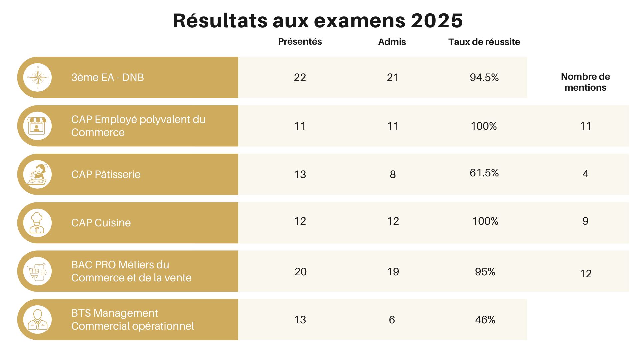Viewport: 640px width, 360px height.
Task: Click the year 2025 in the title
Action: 437,21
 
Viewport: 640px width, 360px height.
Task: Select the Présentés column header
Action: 300,42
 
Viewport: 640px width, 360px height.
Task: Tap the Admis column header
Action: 392,42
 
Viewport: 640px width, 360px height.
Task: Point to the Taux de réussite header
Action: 484,42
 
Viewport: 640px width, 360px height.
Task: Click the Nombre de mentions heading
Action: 585,82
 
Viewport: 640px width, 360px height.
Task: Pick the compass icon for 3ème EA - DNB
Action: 38,77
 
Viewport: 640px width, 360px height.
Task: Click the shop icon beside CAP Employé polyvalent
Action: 38,126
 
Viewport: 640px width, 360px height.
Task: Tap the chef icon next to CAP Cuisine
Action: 38,223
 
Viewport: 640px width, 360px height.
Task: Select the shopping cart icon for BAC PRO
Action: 38,271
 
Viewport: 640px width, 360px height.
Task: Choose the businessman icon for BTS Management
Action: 38,320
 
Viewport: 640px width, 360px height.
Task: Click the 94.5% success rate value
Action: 484,77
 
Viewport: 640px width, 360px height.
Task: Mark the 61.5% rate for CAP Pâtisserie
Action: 484,173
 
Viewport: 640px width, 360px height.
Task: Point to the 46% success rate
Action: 485,320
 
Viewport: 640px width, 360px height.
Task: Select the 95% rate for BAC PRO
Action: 485,272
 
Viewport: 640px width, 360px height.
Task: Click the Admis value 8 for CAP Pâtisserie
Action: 393,174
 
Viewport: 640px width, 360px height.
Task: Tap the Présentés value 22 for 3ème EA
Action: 300,77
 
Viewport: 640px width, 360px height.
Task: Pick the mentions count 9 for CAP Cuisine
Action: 585,221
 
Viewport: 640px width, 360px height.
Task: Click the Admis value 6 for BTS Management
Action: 392,320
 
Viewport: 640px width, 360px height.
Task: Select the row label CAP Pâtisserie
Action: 106,174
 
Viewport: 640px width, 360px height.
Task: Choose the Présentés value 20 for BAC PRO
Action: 300,272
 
